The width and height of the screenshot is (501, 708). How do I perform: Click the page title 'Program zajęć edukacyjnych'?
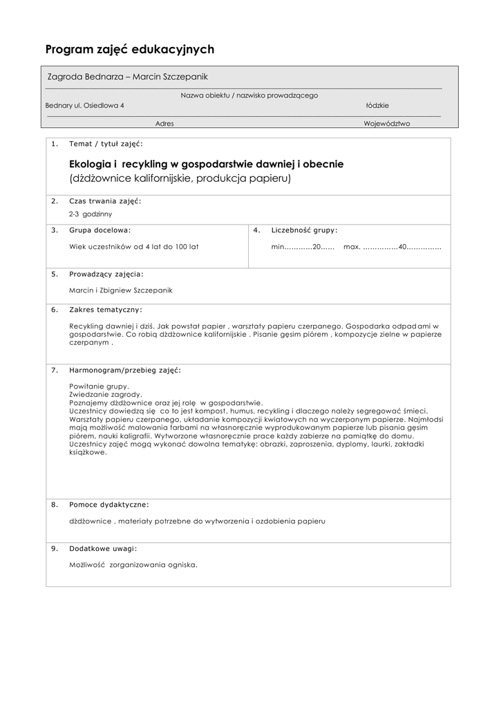click(130, 49)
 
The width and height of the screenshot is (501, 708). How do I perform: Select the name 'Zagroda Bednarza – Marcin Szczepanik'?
click(127, 77)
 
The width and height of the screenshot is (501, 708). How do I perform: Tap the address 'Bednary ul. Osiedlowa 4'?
click(85, 106)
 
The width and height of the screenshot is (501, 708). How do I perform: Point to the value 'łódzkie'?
click(377, 106)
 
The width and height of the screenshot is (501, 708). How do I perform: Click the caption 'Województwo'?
click(386, 123)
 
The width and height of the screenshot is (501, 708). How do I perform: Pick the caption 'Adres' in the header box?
click(164, 123)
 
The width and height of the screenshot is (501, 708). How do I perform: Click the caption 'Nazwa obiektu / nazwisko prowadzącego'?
click(249, 95)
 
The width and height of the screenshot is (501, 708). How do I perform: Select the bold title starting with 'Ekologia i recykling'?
click(206, 165)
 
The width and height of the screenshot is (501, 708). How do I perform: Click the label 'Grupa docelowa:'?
click(100, 230)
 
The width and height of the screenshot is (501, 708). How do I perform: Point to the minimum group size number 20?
click(318, 246)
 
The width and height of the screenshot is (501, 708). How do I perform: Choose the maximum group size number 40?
click(403, 246)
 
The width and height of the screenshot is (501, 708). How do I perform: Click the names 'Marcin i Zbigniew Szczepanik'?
click(121, 290)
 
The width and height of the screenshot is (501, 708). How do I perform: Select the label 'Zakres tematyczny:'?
click(106, 309)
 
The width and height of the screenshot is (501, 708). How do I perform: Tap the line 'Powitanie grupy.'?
click(99, 386)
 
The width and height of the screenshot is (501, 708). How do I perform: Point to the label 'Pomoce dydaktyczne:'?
click(109, 505)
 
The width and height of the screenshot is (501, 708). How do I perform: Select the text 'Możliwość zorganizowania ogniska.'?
click(133, 565)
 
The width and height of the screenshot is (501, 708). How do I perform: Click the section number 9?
click(55, 548)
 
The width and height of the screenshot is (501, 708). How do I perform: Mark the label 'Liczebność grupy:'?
click(304, 230)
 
